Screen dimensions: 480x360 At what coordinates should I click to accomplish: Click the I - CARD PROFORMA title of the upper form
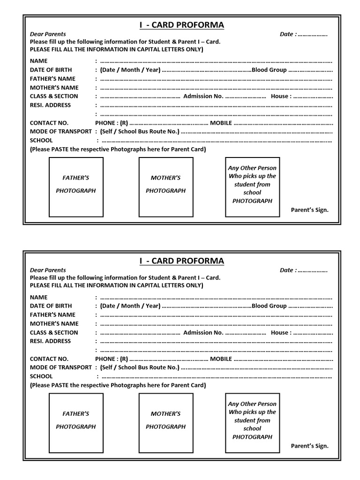[x=182, y=25]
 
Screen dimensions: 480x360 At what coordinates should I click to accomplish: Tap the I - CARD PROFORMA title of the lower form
[x=182, y=261]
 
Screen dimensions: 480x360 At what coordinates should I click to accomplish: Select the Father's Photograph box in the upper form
[x=76, y=187]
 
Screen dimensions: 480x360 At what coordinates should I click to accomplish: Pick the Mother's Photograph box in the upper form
[x=166, y=187]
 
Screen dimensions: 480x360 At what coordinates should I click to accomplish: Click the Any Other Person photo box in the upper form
[x=252, y=187]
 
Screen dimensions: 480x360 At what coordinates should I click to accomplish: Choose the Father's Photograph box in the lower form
[x=76, y=423]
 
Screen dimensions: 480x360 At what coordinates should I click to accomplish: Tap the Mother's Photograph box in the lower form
[x=166, y=423]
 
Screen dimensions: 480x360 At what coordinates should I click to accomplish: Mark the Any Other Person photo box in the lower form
[x=252, y=423]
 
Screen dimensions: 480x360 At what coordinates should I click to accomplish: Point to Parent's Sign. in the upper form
[x=310, y=210]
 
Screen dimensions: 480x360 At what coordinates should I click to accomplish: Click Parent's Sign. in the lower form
[x=310, y=446]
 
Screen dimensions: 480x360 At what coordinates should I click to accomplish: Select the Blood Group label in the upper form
[x=269, y=70]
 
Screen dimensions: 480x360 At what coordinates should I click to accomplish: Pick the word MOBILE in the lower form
[x=221, y=359]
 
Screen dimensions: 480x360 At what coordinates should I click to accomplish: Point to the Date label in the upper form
[x=287, y=34]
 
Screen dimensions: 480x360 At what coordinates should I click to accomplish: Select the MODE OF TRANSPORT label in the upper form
[x=60, y=132]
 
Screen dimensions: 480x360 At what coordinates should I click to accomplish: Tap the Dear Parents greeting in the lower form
[x=48, y=270]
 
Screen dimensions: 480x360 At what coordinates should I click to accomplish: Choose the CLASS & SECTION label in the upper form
[x=54, y=96]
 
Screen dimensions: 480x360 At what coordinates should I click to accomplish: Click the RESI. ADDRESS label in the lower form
[x=50, y=341]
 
